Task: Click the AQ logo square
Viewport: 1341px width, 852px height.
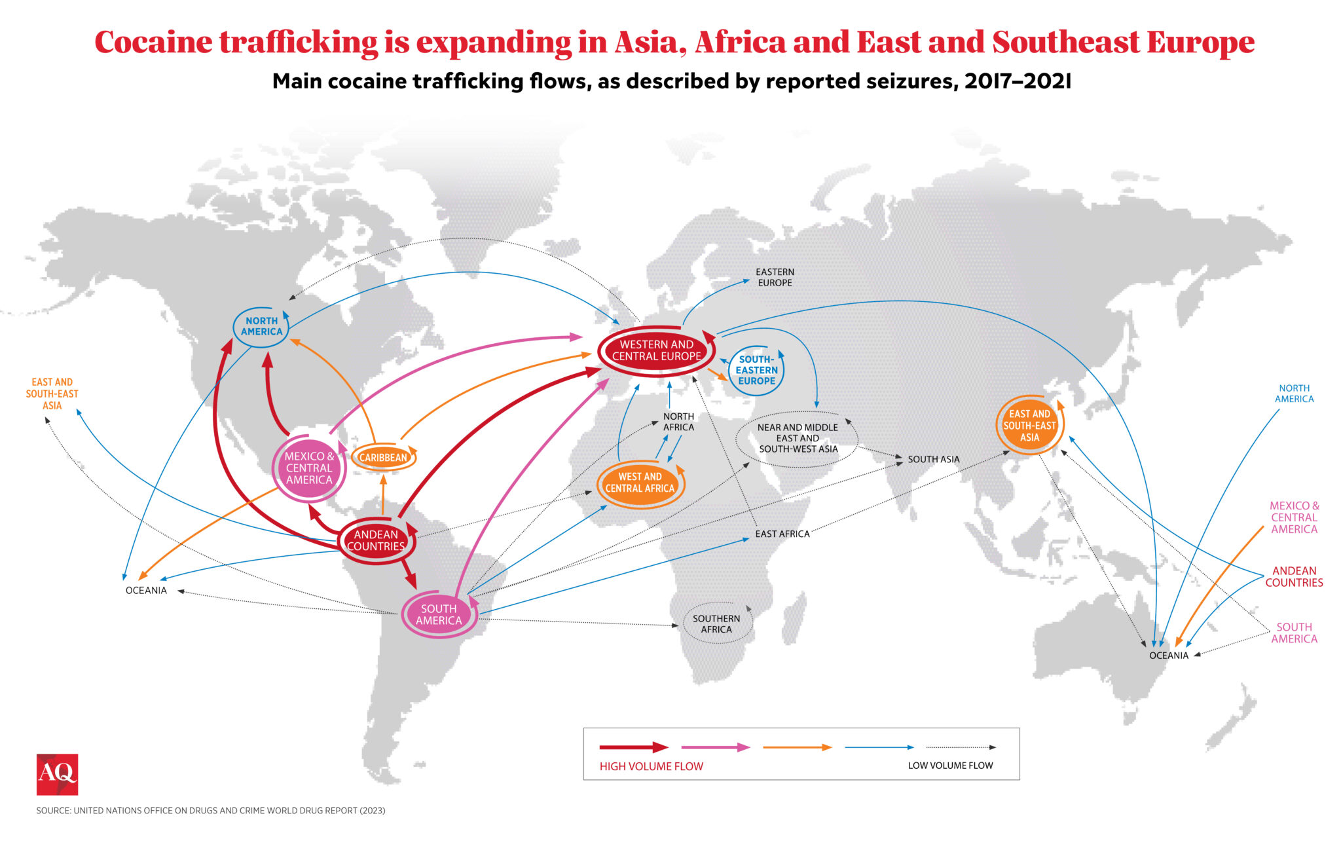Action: [57, 774]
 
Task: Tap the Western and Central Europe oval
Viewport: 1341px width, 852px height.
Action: [656, 350]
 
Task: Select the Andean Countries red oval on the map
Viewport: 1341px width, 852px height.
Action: [376, 540]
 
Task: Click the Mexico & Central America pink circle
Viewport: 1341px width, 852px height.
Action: [309, 468]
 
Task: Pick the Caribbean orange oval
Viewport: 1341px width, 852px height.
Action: [383, 457]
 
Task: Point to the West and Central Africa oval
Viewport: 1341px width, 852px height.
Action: [640, 483]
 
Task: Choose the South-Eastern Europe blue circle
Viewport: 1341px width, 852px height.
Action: [756, 370]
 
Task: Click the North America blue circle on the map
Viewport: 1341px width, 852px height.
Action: [261, 326]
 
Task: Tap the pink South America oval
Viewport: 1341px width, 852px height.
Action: [439, 614]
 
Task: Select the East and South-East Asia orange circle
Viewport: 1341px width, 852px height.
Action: [1029, 425]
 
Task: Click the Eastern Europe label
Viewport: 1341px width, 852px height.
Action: [775, 277]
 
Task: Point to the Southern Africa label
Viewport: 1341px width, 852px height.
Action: [716, 623]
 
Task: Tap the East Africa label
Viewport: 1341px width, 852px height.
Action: [782, 534]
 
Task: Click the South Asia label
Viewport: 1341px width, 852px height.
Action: [933, 459]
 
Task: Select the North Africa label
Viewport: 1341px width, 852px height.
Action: [678, 422]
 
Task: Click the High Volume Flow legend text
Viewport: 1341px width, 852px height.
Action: [651, 766]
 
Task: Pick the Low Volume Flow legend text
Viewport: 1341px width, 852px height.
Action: [950, 766]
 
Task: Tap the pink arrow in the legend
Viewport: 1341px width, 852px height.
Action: [715, 747]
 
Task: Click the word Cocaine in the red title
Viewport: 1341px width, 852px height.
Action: [154, 43]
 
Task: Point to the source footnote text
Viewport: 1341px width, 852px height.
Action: [211, 811]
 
